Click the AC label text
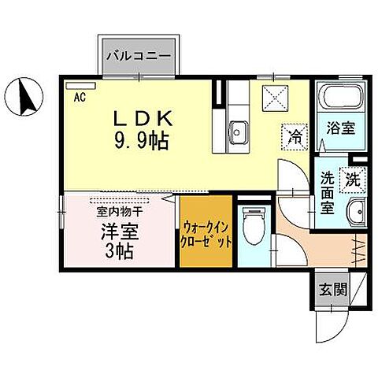(80, 98)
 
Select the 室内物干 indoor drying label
(119, 210)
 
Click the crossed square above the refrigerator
(276, 100)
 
